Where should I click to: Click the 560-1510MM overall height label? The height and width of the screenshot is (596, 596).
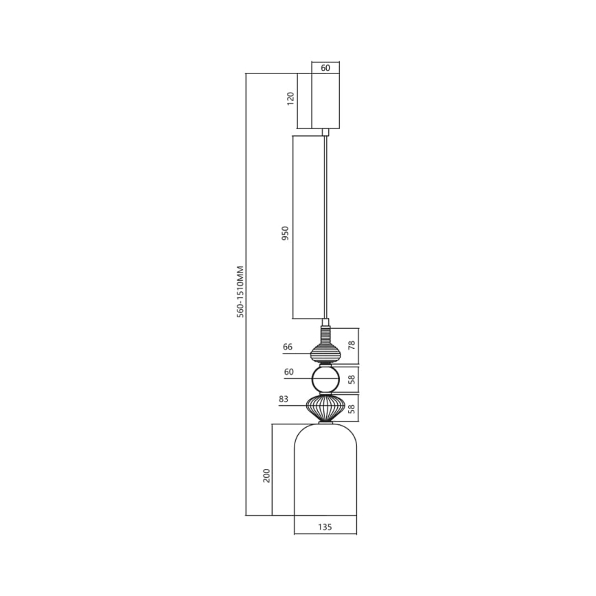coord(240,292)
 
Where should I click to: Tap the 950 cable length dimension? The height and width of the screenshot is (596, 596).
coord(286,235)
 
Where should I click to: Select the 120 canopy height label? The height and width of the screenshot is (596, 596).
coord(290,99)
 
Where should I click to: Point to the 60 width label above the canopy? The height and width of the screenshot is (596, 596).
coord(325,68)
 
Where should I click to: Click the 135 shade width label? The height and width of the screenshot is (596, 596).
coord(325,527)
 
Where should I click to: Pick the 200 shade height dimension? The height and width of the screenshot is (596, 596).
coord(266,474)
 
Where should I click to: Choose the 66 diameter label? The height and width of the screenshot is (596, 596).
coord(288,347)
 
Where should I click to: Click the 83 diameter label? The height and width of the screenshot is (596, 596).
coord(284,398)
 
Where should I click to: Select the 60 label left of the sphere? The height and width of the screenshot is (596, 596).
coord(288,372)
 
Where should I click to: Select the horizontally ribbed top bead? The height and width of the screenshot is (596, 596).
coord(325,352)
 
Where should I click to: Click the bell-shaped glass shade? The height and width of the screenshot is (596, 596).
coord(325,474)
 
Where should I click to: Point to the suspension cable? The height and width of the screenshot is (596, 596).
coord(325,227)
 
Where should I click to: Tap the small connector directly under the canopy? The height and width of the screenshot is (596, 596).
coord(325,132)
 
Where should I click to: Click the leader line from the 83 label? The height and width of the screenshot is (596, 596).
coord(295,406)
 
